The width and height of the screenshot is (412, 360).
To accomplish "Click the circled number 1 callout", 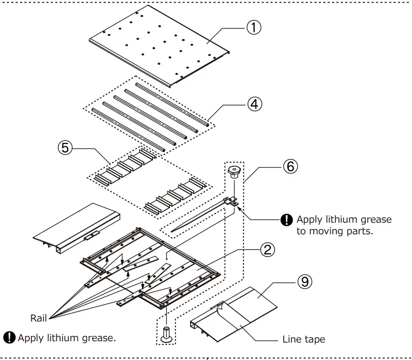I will click(253, 28).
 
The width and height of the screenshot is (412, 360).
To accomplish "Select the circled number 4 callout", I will click(253, 104).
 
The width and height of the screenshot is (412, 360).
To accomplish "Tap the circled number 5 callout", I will click(66, 148).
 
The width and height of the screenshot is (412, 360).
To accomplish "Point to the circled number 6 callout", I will click(289, 166).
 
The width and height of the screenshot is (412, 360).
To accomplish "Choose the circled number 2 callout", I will click(267, 250).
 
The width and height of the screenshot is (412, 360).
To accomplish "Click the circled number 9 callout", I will click(305, 282).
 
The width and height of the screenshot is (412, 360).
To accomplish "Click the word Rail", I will click(38, 318).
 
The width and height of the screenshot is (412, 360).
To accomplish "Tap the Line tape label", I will click(303, 339).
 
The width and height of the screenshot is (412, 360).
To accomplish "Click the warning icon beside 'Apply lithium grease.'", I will click(9, 338).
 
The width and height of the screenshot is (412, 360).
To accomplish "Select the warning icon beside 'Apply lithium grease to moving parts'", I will click(285, 220).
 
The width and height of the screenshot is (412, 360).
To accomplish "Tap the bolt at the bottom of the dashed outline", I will click(167, 335).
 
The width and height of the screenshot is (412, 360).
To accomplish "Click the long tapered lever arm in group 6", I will click(197, 219).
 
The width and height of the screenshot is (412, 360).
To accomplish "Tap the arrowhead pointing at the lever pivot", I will click(241, 207).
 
